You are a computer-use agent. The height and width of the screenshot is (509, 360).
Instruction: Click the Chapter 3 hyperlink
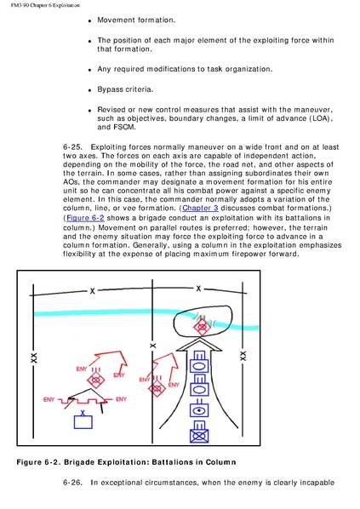(x=200, y=208)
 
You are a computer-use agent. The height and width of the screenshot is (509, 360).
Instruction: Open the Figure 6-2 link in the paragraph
(x=85, y=218)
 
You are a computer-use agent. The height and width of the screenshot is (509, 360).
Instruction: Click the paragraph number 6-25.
(x=72, y=147)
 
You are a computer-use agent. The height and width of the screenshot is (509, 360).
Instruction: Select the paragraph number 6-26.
(x=72, y=483)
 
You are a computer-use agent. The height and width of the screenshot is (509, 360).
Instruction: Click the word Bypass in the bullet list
(x=109, y=89)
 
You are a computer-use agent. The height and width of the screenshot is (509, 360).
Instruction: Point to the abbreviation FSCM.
(x=123, y=127)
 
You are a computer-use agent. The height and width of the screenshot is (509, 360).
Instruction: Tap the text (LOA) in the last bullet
(x=322, y=118)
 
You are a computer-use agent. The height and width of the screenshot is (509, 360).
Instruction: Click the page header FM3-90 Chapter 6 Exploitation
(x=45, y=5)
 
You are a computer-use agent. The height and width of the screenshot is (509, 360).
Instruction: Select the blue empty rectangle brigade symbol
(x=83, y=422)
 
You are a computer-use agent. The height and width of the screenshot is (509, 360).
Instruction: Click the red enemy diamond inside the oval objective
(x=202, y=327)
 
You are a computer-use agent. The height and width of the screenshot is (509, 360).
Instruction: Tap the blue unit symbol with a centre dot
(x=199, y=410)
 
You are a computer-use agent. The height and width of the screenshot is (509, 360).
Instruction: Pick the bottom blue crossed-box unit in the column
(x=199, y=436)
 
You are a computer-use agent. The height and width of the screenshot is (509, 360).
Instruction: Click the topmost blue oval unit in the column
(x=199, y=366)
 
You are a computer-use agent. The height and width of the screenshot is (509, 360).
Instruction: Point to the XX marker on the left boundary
(x=33, y=357)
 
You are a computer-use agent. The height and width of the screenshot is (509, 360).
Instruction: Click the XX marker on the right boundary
(x=243, y=356)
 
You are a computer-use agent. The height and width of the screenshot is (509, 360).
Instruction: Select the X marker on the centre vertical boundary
(x=152, y=346)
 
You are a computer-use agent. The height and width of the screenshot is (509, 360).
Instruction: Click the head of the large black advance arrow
(x=198, y=345)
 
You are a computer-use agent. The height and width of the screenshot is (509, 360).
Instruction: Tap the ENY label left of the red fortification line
(x=49, y=399)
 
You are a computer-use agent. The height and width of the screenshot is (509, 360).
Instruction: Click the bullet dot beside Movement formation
(x=90, y=21)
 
